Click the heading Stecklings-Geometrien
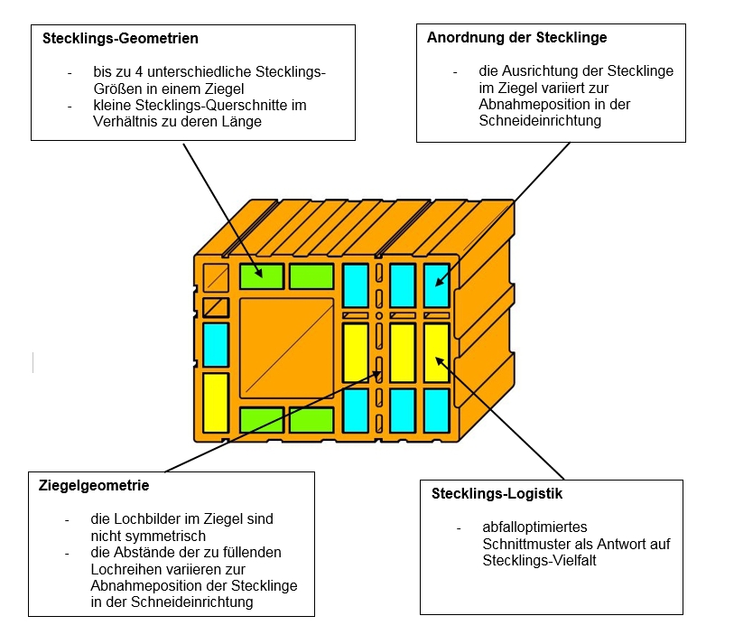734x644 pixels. (x=121, y=39)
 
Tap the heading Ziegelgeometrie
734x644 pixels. (x=94, y=486)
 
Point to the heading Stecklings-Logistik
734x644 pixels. (x=497, y=494)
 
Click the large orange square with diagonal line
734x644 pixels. (x=287, y=348)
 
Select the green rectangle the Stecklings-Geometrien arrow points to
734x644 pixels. (x=262, y=275)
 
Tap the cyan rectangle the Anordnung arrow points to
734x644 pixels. (x=436, y=285)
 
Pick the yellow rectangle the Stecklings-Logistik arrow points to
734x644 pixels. (x=436, y=351)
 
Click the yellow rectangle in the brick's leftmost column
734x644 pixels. (x=215, y=402)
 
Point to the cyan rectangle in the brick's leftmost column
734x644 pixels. (x=215, y=344)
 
